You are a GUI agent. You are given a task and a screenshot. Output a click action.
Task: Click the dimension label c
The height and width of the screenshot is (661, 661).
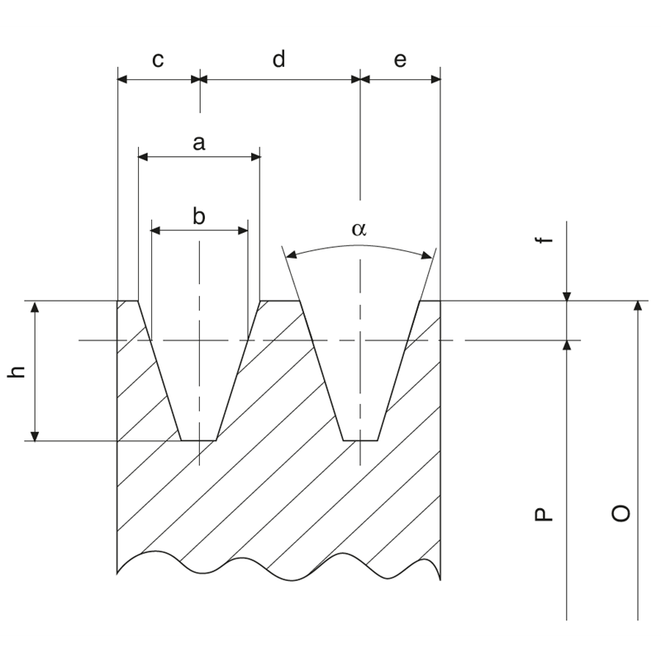pos(157,60)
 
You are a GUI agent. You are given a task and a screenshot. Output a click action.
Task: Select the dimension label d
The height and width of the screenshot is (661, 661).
pos(278,60)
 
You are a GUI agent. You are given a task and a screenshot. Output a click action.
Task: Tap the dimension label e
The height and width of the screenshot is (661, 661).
pos(401,60)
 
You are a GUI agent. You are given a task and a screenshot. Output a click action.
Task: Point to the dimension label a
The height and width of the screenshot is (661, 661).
pos(198,143)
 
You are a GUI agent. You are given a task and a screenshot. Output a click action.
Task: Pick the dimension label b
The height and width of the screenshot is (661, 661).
pos(198,216)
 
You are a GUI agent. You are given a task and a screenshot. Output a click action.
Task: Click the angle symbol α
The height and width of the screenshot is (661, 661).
pos(358,230)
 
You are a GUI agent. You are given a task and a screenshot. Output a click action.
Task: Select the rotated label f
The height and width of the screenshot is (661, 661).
pos(542,240)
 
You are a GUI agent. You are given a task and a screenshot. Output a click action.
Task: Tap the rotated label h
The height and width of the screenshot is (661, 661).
pos(17,372)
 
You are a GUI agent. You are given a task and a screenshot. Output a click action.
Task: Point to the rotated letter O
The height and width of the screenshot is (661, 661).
pos(621,512)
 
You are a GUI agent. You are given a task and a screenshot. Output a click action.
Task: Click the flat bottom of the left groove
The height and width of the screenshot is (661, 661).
pos(198,440)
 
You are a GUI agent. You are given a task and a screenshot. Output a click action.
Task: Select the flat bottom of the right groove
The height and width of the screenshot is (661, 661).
pos(360,440)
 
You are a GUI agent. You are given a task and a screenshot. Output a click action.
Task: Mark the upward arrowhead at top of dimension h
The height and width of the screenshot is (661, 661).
pos(35,307)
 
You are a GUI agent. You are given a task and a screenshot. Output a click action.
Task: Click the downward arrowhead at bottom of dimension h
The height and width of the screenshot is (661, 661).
pos(35,435)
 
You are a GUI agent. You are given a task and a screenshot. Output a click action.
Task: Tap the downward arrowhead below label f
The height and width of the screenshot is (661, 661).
pos(567,295)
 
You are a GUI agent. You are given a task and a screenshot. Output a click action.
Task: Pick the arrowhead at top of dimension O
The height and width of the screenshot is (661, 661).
pos(638,307)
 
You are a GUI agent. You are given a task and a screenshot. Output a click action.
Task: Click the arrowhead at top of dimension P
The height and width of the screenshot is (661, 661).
pos(567,345)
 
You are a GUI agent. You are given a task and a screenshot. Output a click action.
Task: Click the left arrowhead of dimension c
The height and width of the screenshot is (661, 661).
pos(123,79)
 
